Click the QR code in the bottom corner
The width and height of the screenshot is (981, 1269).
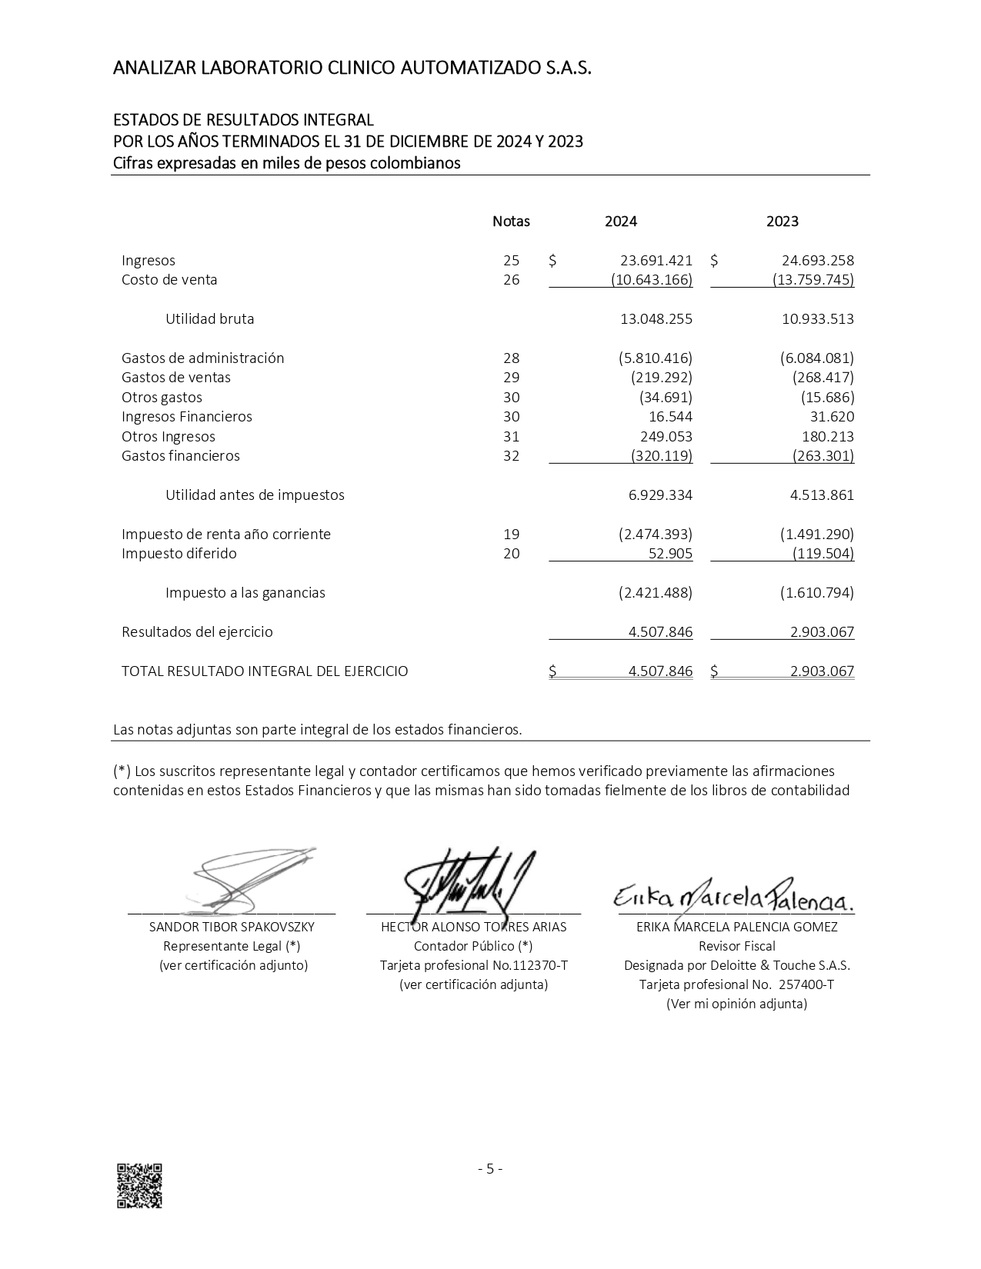click(139, 1185)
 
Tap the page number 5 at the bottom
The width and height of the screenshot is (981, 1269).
click(490, 1169)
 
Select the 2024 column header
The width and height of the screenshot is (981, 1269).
click(620, 221)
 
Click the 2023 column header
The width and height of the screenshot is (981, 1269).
click(782, 221)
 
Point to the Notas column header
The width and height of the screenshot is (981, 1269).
click(511, 221)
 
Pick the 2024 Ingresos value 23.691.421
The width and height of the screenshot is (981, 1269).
click(656, 261)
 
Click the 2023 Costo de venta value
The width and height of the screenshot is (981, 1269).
click(813, 280)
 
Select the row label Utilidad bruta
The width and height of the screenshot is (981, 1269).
click(209, 319)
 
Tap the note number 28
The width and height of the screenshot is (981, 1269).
click(511, 358)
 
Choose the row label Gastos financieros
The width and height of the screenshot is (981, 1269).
click(181, 456)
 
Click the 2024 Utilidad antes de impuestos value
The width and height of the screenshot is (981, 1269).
click(660, 495)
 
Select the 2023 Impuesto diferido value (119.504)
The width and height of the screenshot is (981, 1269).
click(823, 554)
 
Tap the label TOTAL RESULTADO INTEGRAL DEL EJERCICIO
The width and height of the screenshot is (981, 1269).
click(265, 671)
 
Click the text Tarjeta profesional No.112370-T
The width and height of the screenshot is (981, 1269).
click(474, 965)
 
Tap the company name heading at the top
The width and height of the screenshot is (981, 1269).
click(352, 68)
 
